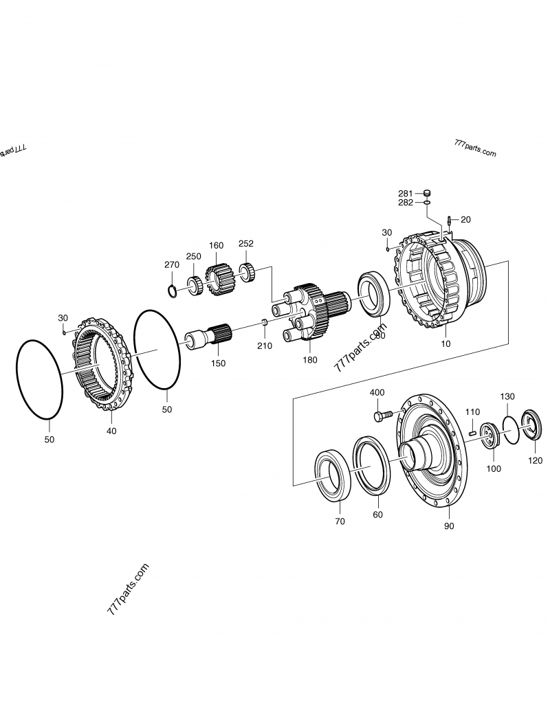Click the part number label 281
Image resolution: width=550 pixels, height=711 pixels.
(405, 194)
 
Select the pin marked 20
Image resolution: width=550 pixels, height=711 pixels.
(448, 221)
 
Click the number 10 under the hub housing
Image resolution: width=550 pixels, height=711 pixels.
(446, 343)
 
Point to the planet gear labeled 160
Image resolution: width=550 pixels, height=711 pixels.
(220, 278)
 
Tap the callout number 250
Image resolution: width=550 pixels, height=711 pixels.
(193, 256)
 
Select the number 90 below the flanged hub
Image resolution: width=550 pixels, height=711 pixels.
(449, 526)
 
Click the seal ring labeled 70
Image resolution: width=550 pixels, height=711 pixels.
(333, 474)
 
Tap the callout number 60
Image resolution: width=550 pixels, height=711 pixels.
(377, 515)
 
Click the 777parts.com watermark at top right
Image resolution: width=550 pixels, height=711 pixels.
(474, 148)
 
